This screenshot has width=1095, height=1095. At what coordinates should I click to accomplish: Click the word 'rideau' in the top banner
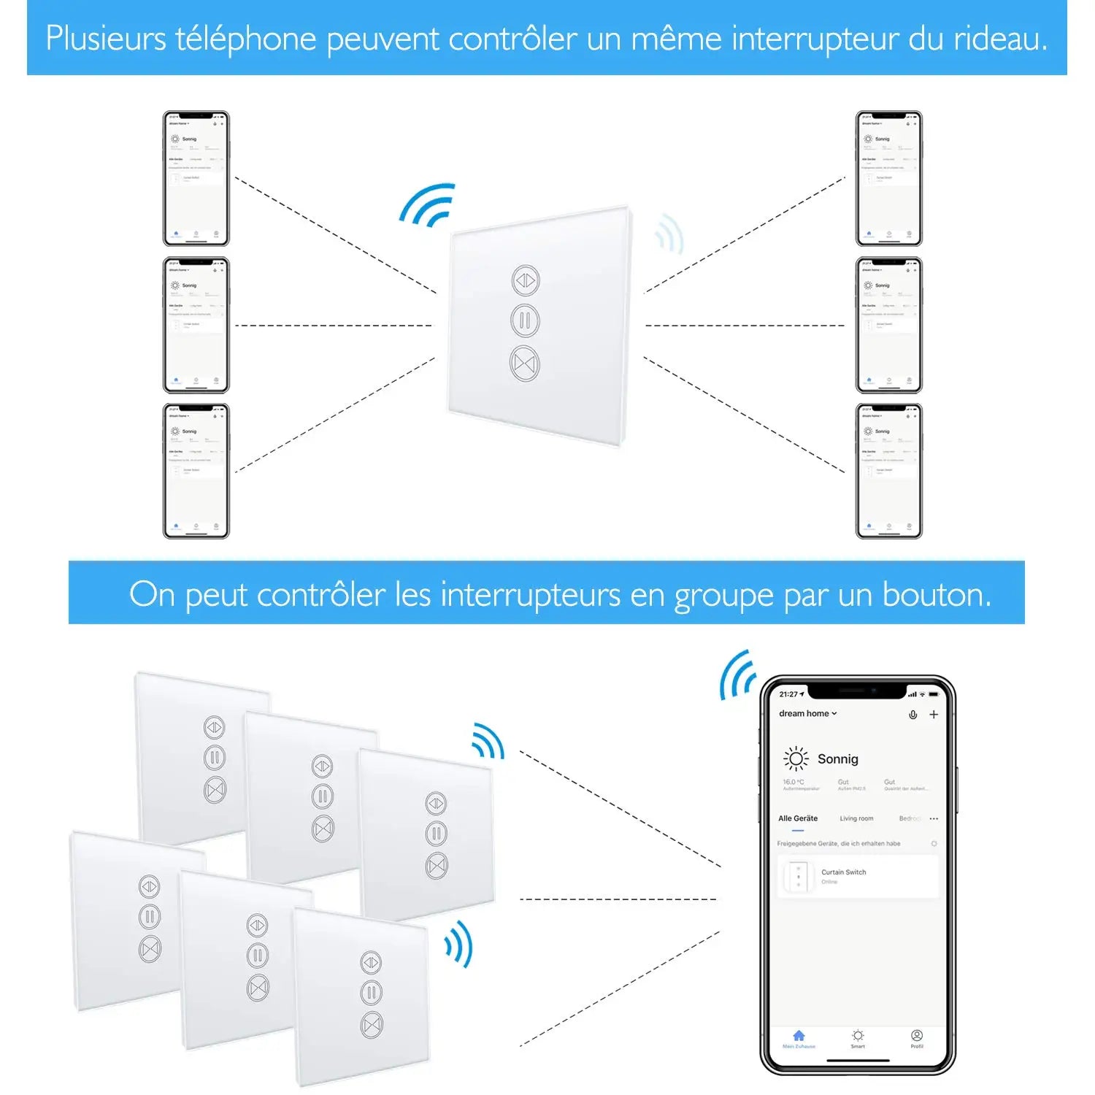coord(998,39)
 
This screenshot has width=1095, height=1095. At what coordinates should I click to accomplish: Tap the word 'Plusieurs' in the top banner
coord(106,39)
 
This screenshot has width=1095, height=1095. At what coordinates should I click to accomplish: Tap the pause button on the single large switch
coord(525,321)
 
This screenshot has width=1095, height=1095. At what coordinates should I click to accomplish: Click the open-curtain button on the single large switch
coord(526,280)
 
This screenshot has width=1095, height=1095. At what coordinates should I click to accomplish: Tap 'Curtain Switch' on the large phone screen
coord(843,872)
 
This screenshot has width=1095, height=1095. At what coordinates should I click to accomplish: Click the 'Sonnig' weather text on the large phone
coord(837,759)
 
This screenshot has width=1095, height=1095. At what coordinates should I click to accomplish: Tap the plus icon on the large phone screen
coord(934,715)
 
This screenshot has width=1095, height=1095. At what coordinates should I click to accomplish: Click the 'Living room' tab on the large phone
coord(856,818)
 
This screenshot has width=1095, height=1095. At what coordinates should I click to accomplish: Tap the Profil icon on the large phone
coord(917,1037)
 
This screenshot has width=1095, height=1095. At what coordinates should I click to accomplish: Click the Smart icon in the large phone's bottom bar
coord(858,1037)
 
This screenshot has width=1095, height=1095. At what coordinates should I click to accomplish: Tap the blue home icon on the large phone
coord(799,1037)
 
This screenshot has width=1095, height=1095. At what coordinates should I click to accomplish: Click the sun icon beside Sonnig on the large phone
coord(796,759)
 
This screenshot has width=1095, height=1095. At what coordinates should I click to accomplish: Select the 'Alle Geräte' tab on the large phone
coord(798,818)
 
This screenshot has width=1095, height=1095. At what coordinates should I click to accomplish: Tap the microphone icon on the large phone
coord(912,715)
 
